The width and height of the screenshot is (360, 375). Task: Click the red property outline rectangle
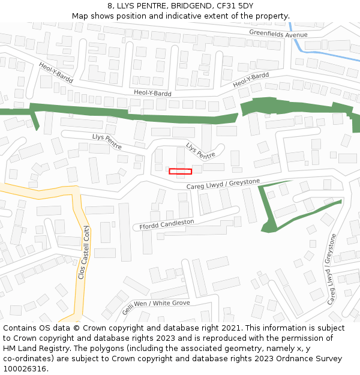pos(180,172)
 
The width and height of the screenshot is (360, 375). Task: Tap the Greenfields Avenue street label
pos(278,34)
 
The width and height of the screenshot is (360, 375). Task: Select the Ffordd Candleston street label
pos(167,224)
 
